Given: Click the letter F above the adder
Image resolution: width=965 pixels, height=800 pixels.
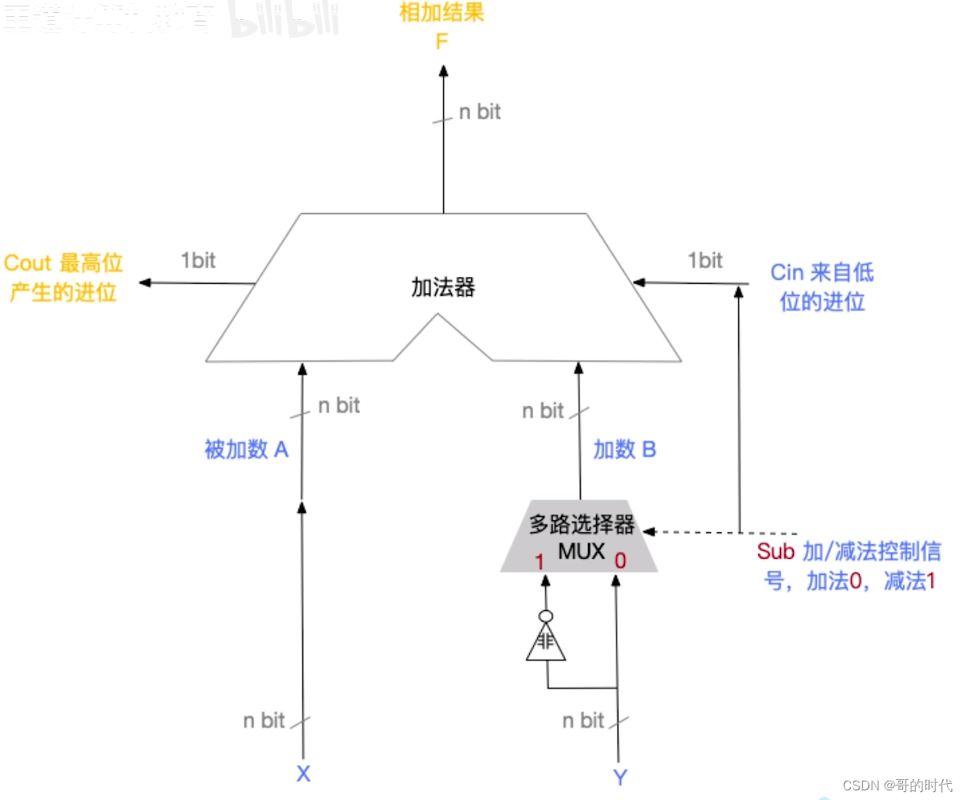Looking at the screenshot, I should pyautogui.click(x=441, y=40).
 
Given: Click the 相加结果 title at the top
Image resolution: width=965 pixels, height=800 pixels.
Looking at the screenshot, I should pyautogui.click(x=441, y=14).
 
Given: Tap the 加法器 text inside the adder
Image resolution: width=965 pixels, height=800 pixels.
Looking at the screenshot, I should pyautogui.click(x=443, y=287).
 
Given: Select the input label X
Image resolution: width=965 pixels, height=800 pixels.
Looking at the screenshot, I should pyautogui.click(x=303, y=774).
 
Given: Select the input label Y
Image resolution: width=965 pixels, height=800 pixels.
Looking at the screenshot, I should pyautogui.click(x=619, y=777).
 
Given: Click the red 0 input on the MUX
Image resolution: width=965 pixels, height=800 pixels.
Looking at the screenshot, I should pyautogui.click(x=619, y=561).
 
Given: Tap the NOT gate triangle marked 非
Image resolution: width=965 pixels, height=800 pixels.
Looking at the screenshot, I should pyautogui.click(x=546, y=644).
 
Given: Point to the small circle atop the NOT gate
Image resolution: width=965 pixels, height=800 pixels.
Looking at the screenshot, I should pyautogui.click(x=546, y=617).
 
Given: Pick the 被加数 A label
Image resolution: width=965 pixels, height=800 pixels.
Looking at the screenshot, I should pyautogui.click(x=246, y=449).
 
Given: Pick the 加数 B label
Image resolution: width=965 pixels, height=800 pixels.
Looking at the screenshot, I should pyautogui.click(x=625, y=449).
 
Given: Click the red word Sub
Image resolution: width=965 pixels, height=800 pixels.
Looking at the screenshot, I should pyautogui.click(x=775, y=552).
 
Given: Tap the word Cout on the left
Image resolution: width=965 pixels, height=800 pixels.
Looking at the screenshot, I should pyautogui.click(x=28, y=264).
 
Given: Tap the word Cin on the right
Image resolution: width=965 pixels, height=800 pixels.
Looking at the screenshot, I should pyautogui.click(x=786, y=273).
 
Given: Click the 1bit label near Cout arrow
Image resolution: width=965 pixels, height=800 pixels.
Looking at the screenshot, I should pyautogui.click(x=198, y=261).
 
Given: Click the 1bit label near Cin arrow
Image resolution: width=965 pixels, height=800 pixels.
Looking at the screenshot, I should pyautogui.click(x=704, y=261).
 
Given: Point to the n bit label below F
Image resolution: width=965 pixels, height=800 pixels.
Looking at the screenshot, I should pyautogui.click(x=479, y=112).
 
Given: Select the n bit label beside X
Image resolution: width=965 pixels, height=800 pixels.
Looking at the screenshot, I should pyautogui.click(x=264, y=720).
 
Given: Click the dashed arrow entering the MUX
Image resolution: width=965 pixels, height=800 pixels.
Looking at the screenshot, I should pyautogui.click(x=724, y=532).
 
